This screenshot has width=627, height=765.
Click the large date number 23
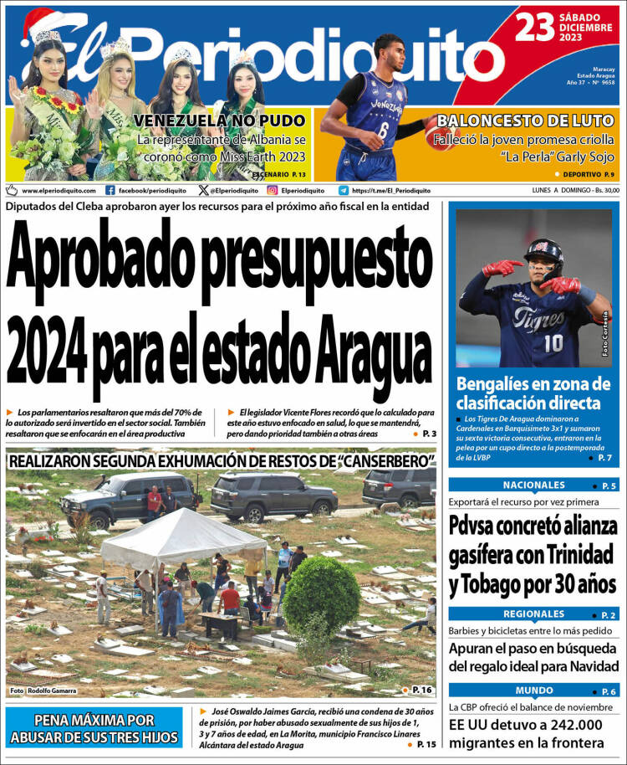tap(535, 28)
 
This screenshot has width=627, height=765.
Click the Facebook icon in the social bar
tap(110, 190)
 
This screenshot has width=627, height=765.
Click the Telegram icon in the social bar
tap(344, 190)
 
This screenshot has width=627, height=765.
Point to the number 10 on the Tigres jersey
tap(553, 343)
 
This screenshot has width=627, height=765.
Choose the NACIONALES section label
tap(533, 485)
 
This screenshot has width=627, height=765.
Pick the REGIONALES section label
tap(533, 614)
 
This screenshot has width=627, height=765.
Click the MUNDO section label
tap(533, 691)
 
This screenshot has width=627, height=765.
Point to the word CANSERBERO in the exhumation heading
tap(380, 461)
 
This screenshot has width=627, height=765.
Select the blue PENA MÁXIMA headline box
tap(94, 727)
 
